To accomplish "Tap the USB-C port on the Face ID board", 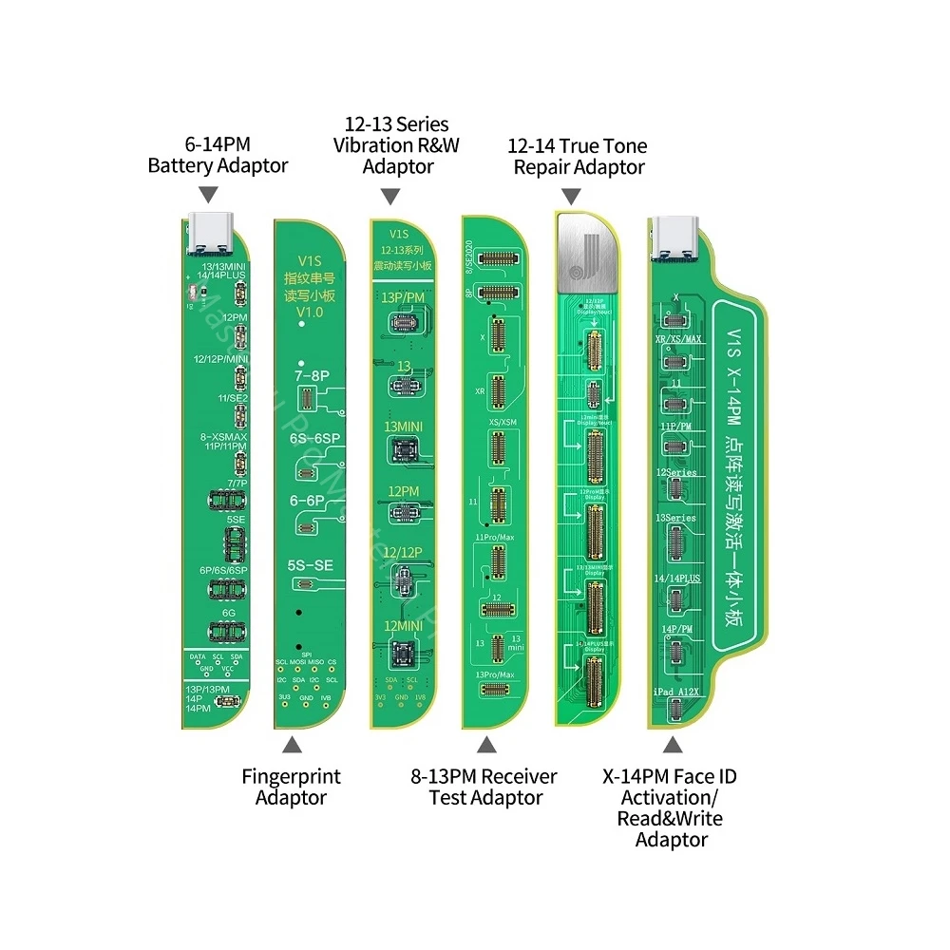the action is pyautogui.click(x=673, y=237).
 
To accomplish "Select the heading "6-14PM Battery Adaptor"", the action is pyautogui.click(x=218, y=155).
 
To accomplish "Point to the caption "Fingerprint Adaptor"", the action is pyautogui.click(x=291, y=787).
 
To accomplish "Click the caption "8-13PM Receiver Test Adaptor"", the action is pyautogui.click(x=485, y=787).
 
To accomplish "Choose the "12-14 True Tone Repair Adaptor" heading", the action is pyautogui.click(x=579, y=157).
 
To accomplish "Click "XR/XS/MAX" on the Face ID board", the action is pyautogui.click(x=679, y=339).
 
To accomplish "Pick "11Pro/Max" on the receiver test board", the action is pyautogui.click(x=494, y=538).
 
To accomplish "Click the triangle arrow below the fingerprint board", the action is pyautogui.click(x=291, y=747).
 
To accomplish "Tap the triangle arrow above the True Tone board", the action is pyautogui.click(x=571, y=196).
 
